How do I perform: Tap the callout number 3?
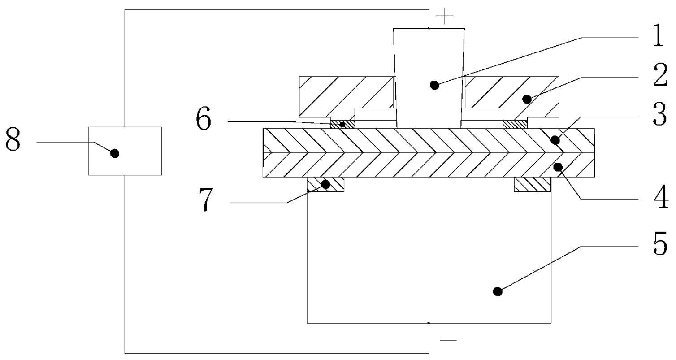pos(660,114)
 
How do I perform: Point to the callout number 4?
pos(661,197)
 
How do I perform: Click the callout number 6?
pos(204,119)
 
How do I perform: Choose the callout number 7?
pos(206,200)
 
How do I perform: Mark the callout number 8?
pos(13,139)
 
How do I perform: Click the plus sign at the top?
pos(445,16)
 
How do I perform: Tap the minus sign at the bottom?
pos(448,340)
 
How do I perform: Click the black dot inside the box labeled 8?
pos(115,153)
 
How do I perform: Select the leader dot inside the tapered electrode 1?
pos(434,85)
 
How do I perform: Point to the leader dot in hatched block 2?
pos(527,99)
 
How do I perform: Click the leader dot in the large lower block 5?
pos(498,291)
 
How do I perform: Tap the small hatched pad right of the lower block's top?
pos(533,184)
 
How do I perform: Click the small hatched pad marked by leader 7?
pos(325,184)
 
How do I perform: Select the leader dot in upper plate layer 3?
pos(555,140)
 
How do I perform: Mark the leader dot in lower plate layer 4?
pos(558,167)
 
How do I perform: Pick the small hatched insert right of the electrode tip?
pos(515,124)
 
